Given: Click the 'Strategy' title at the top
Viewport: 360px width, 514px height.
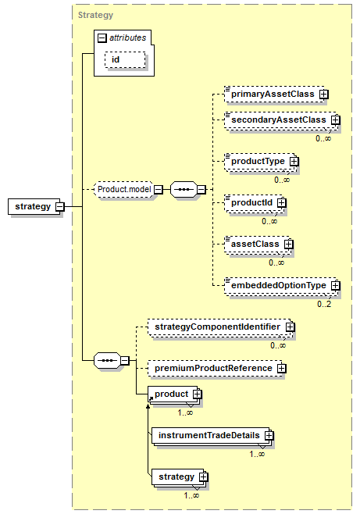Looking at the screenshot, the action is coord(95,15).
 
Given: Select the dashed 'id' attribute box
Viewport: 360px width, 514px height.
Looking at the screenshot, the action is coord(125,59).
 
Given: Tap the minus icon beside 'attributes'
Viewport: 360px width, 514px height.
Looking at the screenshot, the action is coord(102,38).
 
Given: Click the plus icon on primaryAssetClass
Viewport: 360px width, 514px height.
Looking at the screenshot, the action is coord(323,95).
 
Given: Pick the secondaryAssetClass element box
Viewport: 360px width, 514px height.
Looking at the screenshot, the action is coord(281,120).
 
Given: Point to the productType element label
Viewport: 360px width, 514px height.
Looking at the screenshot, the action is coord(258,161).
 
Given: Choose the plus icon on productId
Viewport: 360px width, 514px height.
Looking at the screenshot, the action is coord(281,203).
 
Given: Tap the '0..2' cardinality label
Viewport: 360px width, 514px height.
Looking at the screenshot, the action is coord(324,304).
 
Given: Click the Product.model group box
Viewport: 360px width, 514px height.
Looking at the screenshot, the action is coord(123,190).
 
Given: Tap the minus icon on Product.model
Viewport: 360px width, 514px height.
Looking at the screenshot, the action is coord(159,190).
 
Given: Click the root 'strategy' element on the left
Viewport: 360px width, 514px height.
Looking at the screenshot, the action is coord(34,206).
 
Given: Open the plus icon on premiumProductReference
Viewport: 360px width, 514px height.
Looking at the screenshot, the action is coord(281,369).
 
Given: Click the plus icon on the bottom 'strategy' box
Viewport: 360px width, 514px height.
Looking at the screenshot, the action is coord(203,477).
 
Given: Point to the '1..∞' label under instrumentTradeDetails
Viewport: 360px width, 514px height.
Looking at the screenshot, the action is coord(257,454).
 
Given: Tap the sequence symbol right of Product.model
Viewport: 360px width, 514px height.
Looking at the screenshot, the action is coord(184,190).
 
